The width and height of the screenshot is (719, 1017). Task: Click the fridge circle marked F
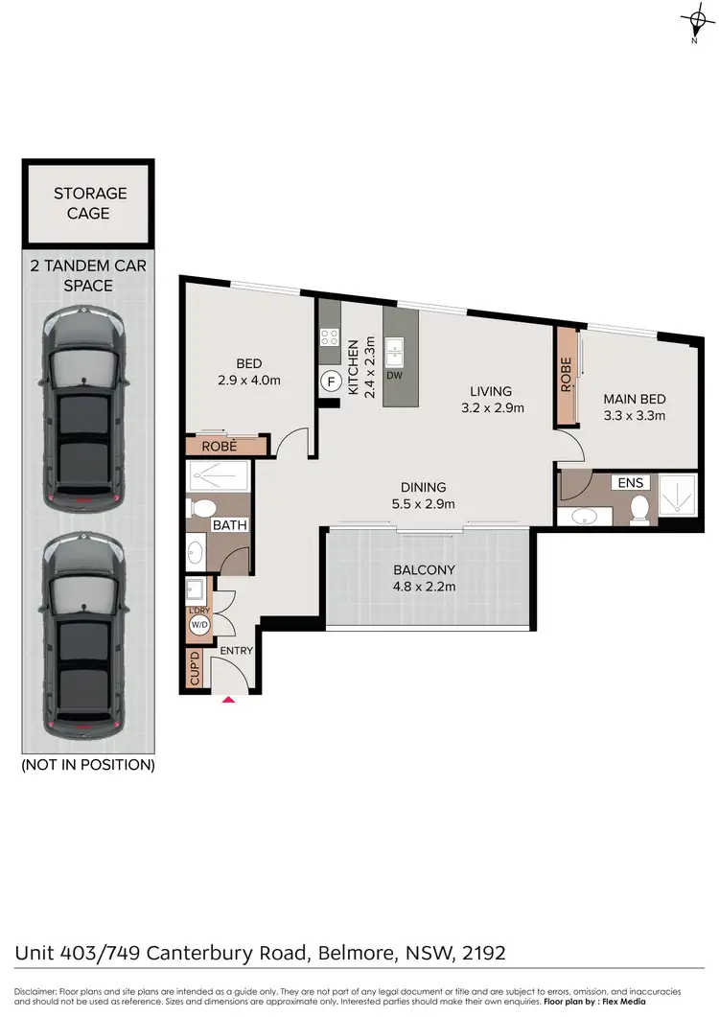pyautogui.click(x=331, y=381)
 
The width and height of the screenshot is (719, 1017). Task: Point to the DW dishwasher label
pyautogui.click(x=393, y=376)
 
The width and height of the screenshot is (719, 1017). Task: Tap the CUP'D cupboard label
pyautogui.click(x=195, y=670)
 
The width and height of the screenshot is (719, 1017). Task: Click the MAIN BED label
pyautogui.click(x=633, y=399)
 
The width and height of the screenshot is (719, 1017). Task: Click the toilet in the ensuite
pyautogui.click(x=641, y=506)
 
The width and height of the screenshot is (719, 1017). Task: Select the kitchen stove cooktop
pyautogui.click(x=330, y=336)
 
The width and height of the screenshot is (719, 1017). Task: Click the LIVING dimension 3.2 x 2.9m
pyautogui.click(x=490, y=407)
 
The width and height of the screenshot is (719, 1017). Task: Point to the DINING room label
pyautogui.click(x=423, y=487)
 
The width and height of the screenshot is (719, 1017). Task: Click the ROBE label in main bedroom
pyautogui.click(x=567, y=373)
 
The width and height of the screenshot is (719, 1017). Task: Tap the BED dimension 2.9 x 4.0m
pyautogui.click(x=249, y=380)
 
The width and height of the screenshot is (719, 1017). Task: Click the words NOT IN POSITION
pyautogui.click(x=87, y=765)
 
